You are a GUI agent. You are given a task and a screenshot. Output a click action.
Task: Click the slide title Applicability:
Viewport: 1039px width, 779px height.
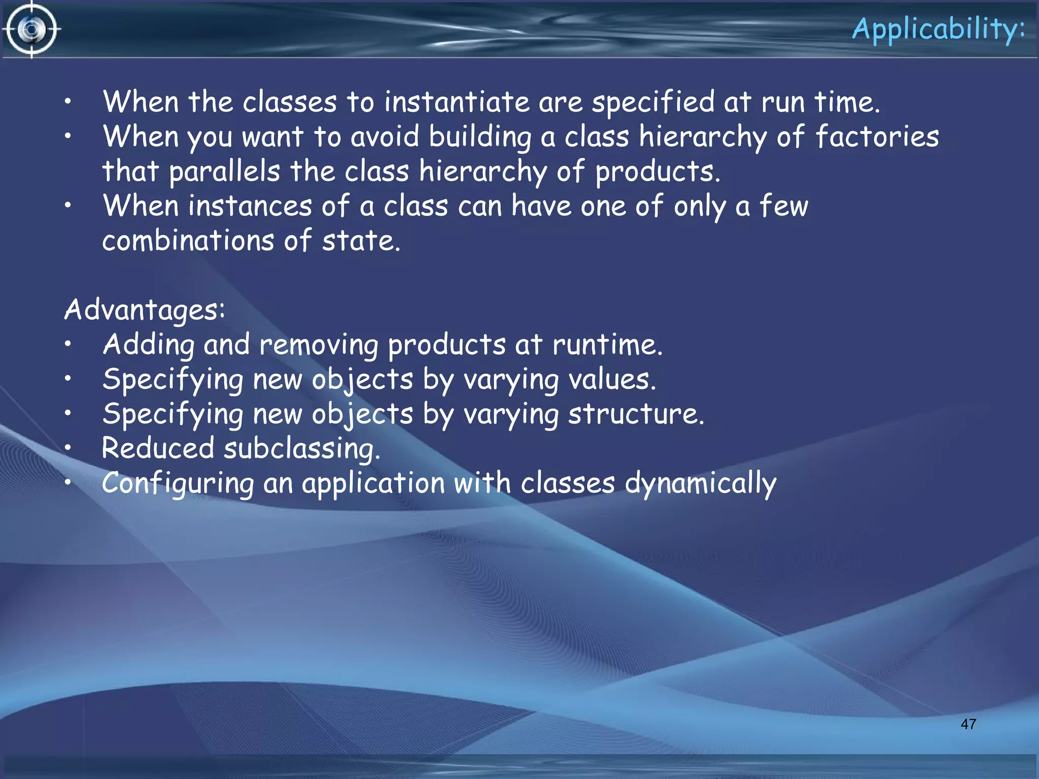point(938,29)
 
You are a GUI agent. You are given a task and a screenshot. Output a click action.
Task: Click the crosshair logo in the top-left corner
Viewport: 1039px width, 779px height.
point(31,29)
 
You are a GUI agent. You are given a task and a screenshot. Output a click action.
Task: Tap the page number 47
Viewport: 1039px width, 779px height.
point(968,724)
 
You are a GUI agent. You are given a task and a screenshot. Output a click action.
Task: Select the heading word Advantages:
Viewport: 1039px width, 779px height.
point(145,310)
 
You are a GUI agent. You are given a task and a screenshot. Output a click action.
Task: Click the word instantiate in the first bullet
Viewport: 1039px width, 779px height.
point(457,102)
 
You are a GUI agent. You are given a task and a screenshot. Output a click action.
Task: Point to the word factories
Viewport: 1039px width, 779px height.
point(877,137)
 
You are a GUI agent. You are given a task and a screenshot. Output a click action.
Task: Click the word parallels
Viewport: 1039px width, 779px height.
point(224,171)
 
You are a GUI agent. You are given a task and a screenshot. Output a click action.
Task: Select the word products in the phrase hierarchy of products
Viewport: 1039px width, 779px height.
point(657,171)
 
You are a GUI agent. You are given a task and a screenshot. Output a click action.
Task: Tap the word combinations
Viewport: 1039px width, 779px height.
point(188,240)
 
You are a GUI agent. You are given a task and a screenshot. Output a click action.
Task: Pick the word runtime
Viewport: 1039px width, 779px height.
point(607,345)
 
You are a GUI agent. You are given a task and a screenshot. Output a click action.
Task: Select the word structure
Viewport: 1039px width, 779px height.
point(636,414)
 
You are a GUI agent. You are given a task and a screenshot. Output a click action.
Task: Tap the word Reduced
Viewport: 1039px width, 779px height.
point(158,449)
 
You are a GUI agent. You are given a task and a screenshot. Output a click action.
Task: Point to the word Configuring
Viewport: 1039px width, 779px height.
point(178,484)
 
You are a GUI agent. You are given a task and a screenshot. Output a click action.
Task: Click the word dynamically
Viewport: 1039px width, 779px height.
point(700,484)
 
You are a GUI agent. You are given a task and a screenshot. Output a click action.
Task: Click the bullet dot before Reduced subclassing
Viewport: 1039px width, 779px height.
point(68,448)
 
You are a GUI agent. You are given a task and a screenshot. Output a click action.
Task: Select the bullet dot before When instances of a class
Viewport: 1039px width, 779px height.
point(68,206)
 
